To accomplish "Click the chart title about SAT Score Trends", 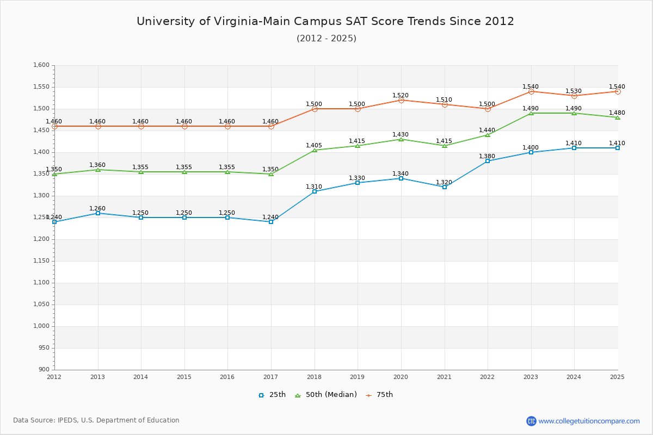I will click(x=325, y=21).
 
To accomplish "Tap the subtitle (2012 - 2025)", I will click(x=326, y=39).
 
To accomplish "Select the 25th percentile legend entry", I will click(x=272, y=395).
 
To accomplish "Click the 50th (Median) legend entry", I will click(x=325, y=395).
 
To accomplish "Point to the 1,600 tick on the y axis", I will click(x=41, y=65).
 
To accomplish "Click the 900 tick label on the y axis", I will click(x=44, y=370).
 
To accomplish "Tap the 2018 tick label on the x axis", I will click(x=314, y=377).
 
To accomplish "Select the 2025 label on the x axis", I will click(x=617, y=377).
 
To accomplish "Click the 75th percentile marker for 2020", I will click(x=401, y=100).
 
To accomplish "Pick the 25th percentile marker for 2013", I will click(x=98, y=213).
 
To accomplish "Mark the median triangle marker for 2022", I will click(x=488, y=135).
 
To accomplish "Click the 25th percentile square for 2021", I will click(x=445, y=187).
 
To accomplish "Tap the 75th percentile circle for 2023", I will click(x=531, y=91).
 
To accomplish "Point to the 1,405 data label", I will click(x=314, y=146).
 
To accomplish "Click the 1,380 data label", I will click(x=487, y=157).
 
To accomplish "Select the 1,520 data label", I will click(x=401, y=96).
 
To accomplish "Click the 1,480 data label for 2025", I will click(x=617, y=113).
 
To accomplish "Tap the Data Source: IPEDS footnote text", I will click(x=96, y=420).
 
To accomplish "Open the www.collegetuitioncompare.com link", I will click(x=589, y=421).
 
